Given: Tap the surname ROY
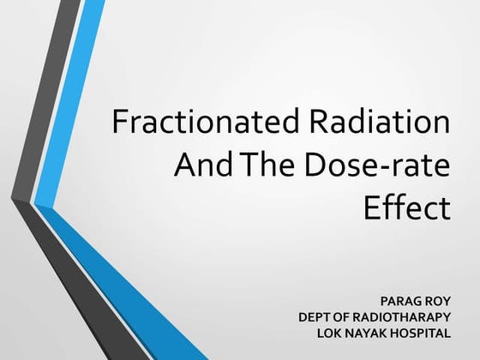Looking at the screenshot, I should coord(436,302).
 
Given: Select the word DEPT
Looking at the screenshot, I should coord(315,317).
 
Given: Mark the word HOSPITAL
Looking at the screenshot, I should coord(421,333).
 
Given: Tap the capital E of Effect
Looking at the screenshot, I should coord(371,208).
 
